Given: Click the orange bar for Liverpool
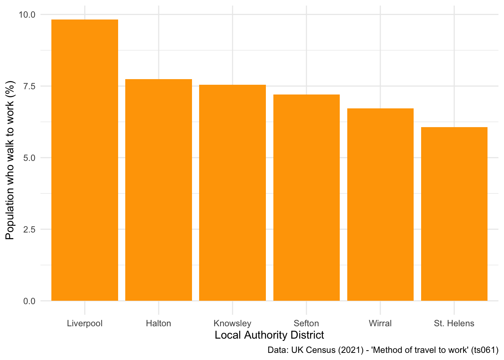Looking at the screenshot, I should click(x=85, y=160).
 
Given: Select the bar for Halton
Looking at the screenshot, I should click(x=159, y=190).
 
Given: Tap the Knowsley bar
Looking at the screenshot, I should click(x=232, y=193).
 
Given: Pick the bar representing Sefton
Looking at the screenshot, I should click(x=306, y=198).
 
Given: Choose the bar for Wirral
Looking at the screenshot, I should click(x=380, y=204).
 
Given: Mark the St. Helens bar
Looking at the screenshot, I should click(x=454, y=214).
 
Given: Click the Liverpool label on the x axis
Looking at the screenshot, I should click(x=85, y=323).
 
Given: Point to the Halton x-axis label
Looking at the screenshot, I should click(x=159, y=323).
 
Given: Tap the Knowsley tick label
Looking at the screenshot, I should click(x=232, y=323).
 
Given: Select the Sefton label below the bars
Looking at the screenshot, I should click(x=306, y=323).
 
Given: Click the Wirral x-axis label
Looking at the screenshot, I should click(x=380, y=323).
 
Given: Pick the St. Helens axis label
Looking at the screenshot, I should click(x=454, y=323).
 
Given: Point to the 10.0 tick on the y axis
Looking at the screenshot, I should click(x=27, y=15).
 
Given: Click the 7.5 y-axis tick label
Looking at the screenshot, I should click(x=29, y=86).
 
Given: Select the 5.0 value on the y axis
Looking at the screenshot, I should click(x=29, y=158).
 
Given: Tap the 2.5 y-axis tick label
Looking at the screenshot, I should click(x=29, y=229).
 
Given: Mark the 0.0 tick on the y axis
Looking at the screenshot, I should click(x=29, y=301).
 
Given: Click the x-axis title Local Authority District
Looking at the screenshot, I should click(x=269, y=335).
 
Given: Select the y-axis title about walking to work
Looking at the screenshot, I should click(x=10, y=160).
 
